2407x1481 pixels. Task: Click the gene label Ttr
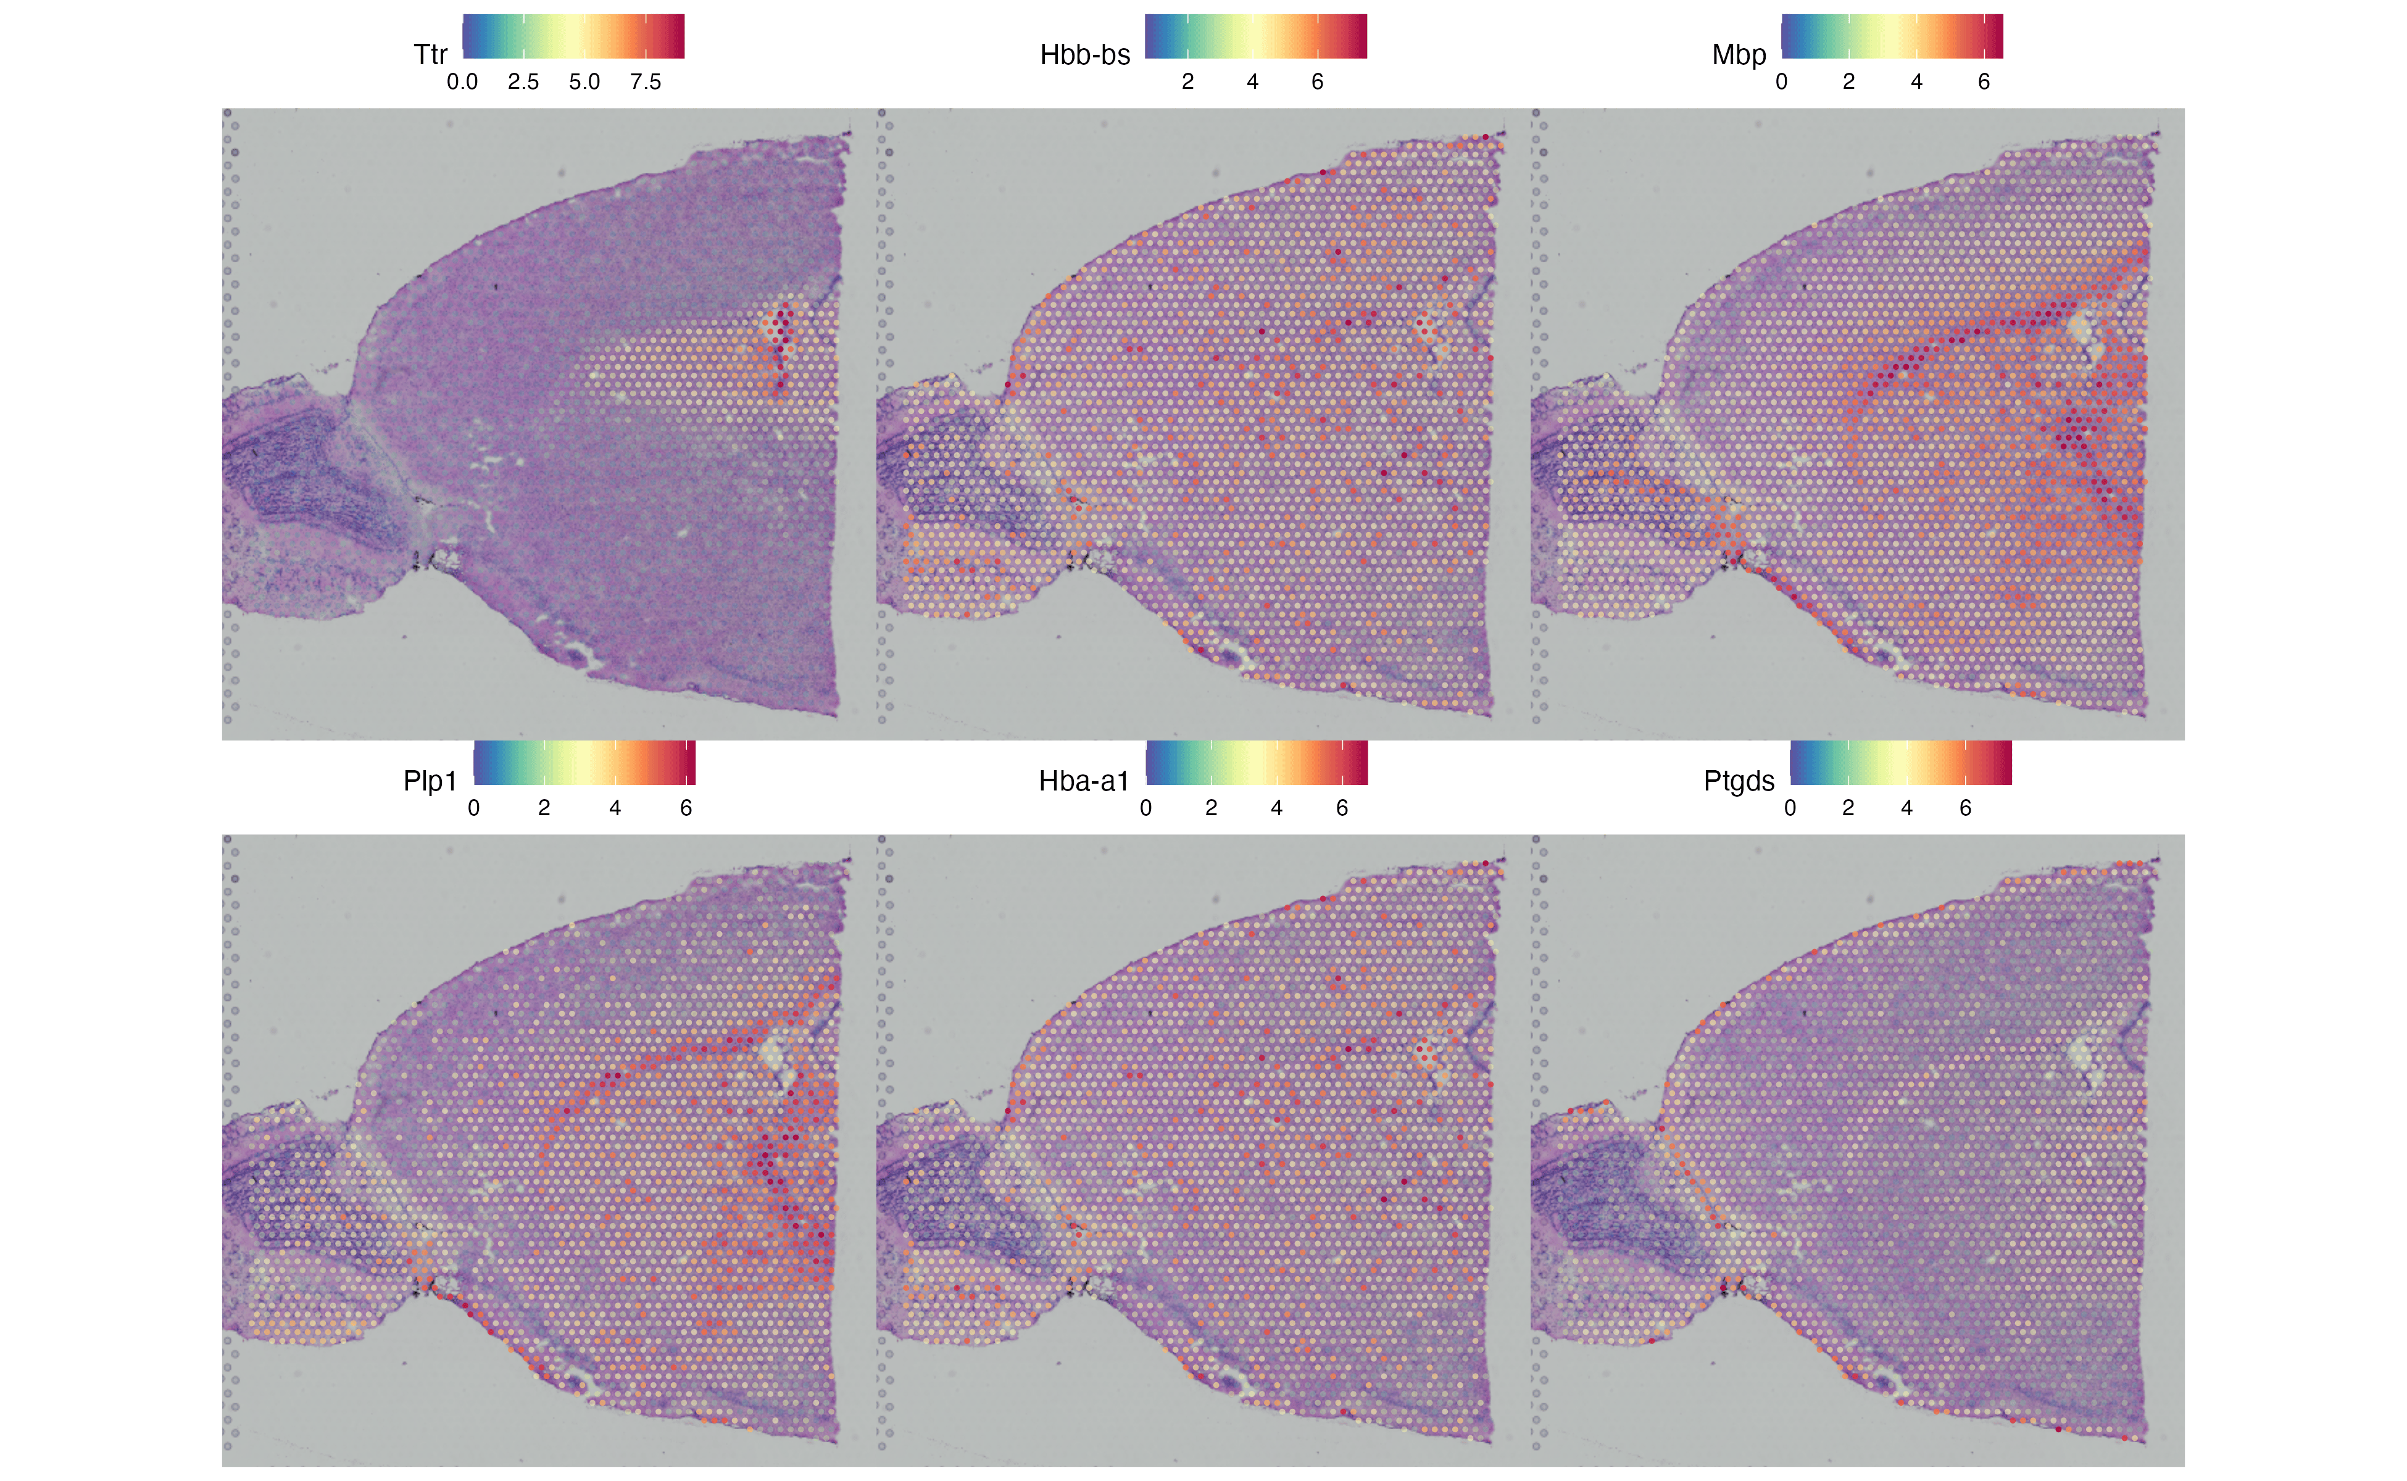tap(430, 55)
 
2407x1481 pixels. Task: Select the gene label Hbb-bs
tap(1084, 55)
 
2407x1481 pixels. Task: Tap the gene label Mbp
tap(1739, 55)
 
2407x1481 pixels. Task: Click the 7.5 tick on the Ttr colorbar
tap(646, 82)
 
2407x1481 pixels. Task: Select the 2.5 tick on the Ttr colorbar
tap(523, 82)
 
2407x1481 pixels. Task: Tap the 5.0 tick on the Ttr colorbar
tap(585, 82)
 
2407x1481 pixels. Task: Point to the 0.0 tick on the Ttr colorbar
tap(462, 82)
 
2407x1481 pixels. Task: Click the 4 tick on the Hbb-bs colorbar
tap(1252, 82)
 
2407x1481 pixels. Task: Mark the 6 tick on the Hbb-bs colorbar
tap(1318, 82)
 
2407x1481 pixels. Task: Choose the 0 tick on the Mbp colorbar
tap(1781, 82)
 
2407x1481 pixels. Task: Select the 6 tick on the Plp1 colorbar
tap(686, 809)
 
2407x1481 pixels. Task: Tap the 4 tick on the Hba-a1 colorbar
tap(1276, 809)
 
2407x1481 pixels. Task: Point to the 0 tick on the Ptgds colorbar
tap(1790, 809)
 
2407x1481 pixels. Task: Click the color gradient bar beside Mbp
tap(1892, 36)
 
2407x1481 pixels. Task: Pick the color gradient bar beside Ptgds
tap(1900, 763)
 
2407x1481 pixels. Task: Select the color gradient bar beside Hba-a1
tap(1256, 763)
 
